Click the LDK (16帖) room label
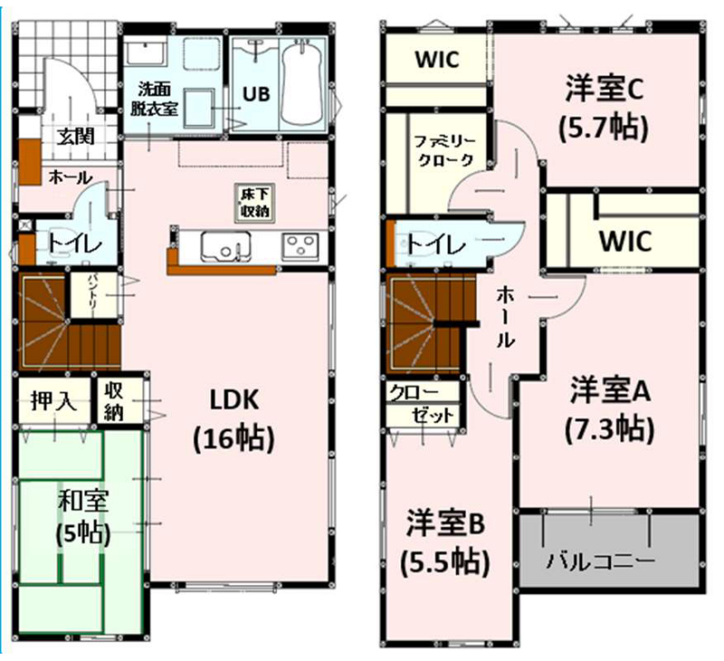click(x=234, y=420)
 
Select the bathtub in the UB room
click(x=300, y=82)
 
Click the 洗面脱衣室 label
click(x=154, y=99)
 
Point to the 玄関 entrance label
click(x=76, y=137)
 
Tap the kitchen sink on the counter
click(x=225, y=244)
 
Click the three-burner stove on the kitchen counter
click(x=301, y=244)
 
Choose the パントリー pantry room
click(x=94, y=294)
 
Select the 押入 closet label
click(x=54, y=401)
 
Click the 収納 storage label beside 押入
click(x=114, y=401)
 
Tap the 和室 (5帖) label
click(x=83, y=517)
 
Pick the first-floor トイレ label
click(x=74, y=244)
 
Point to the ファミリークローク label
click(x=444, y=150)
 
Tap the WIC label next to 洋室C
click(x=437, y=60)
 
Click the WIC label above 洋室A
click(x=625, y=240)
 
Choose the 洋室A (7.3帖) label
click(x=610, y=409)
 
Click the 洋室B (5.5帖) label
click(x=444, y=543)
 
